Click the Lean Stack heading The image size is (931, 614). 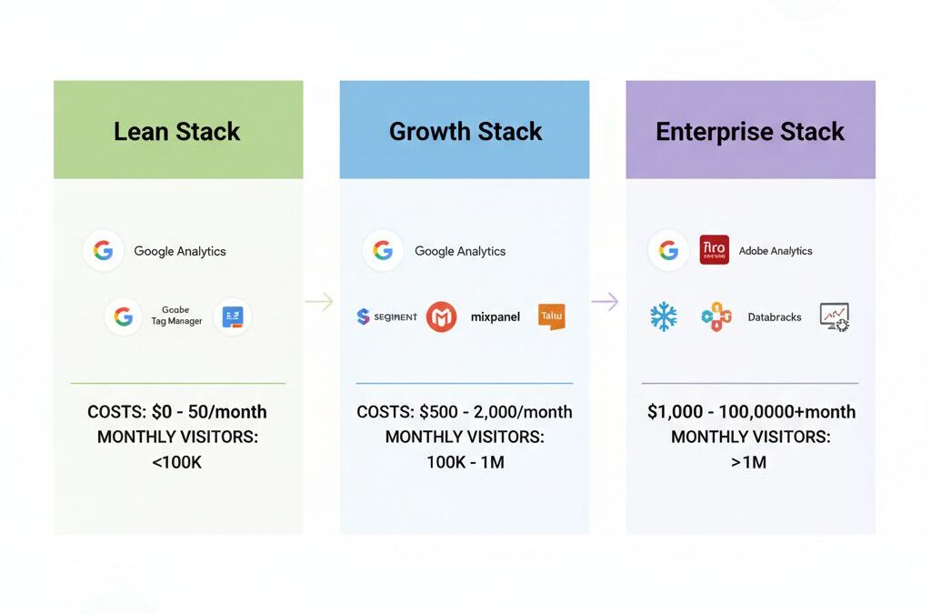pyautogui.click(x=177, y=131)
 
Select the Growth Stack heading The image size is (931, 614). pyautogui.click(x=465, y=131)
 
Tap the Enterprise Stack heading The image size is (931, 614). pyautogui.click(x=750, y=131)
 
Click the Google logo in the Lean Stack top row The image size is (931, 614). pyautogui.click(x=103, y=251)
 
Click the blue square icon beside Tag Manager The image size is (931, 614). pyautogui.click(x=233, y=317)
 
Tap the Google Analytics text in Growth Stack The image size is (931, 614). pyautogui.click(x=460, y=251)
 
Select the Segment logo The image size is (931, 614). pyautogui.click(x=387, y=317)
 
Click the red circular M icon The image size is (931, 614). pyautogui.click(x=441, y=317)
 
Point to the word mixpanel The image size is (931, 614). pyautogui.click(x=496, y=317)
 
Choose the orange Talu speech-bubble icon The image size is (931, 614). pyautogui.click(x=551, y=316)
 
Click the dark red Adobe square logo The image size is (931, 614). pyautogui.click(x=715, y=250)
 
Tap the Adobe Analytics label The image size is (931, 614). pyautogui.click(x=776, y=251)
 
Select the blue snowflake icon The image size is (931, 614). pyautogui.click(x=664, y=317)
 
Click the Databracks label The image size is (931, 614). pyautogui.click(x=775, y=317)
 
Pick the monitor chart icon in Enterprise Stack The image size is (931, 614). pyautogui.click(x=834, y=317)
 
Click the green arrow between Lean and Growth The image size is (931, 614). pyautogui.click(x=320, y=302)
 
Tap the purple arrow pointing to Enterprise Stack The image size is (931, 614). pyautogui.click(x=606, y=302)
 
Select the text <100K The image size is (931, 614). pyautogui.click(x=177, y=462)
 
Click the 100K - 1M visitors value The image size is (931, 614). pyautogui.click(x=465, y=462)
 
